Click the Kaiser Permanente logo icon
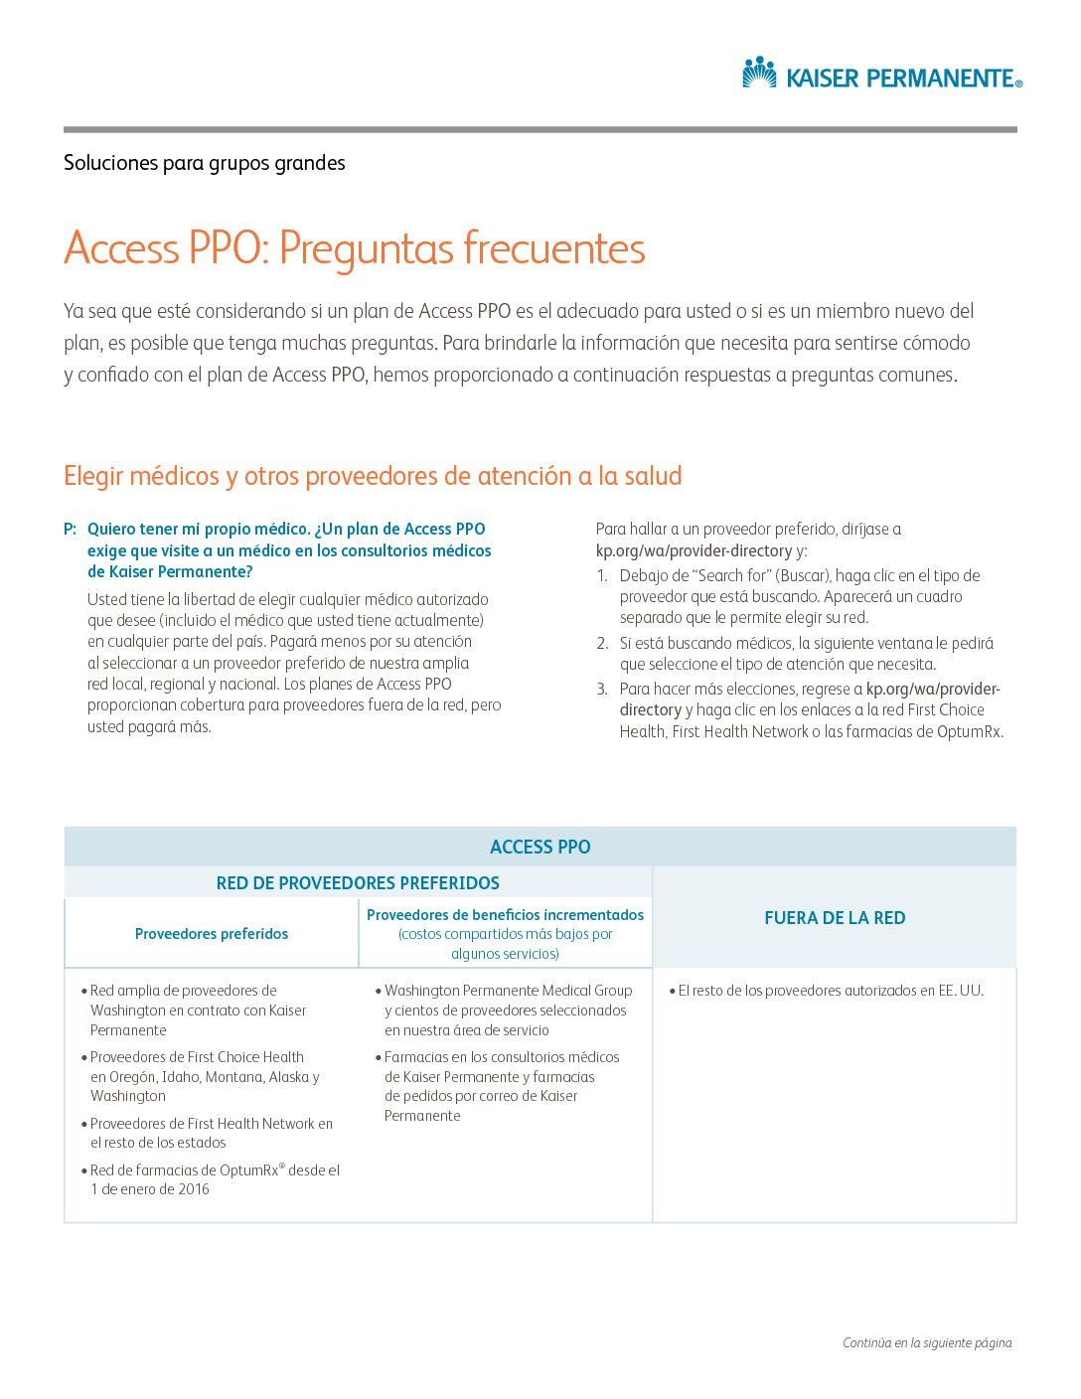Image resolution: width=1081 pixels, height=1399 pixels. tap(760, 73)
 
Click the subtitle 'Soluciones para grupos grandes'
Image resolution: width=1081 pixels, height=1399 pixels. tap(205, 163)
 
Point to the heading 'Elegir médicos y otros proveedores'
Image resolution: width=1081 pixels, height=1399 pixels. tap(373, 476)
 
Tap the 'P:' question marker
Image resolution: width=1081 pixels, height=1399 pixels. tap(70, 530)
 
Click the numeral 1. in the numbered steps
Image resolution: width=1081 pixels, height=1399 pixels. tap(601, 576)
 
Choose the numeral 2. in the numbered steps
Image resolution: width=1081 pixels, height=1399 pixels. tap(602, 644)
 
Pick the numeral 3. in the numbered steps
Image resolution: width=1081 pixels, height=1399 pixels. tap(602, 690)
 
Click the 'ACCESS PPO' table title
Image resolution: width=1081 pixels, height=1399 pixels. tap(540, 848)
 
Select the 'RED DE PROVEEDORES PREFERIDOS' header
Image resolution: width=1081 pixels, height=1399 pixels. tap(358, 883)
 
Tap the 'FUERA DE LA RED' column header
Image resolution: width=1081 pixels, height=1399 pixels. tap(835, 918)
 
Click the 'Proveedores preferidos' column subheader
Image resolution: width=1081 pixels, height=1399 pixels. tap(212, 934)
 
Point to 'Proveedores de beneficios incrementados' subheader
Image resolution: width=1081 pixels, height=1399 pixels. tap(505, 915)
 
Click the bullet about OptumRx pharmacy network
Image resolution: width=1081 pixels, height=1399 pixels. tap(214, 1179)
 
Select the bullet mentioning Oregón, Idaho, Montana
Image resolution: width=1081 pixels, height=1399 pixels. tap(204, 1077)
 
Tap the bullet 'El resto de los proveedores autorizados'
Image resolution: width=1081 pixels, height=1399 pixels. tap(830, 991)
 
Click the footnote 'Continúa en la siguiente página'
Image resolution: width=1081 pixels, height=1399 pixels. tap(927, 1343)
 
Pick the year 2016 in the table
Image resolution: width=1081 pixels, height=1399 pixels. tap(194, 1189)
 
